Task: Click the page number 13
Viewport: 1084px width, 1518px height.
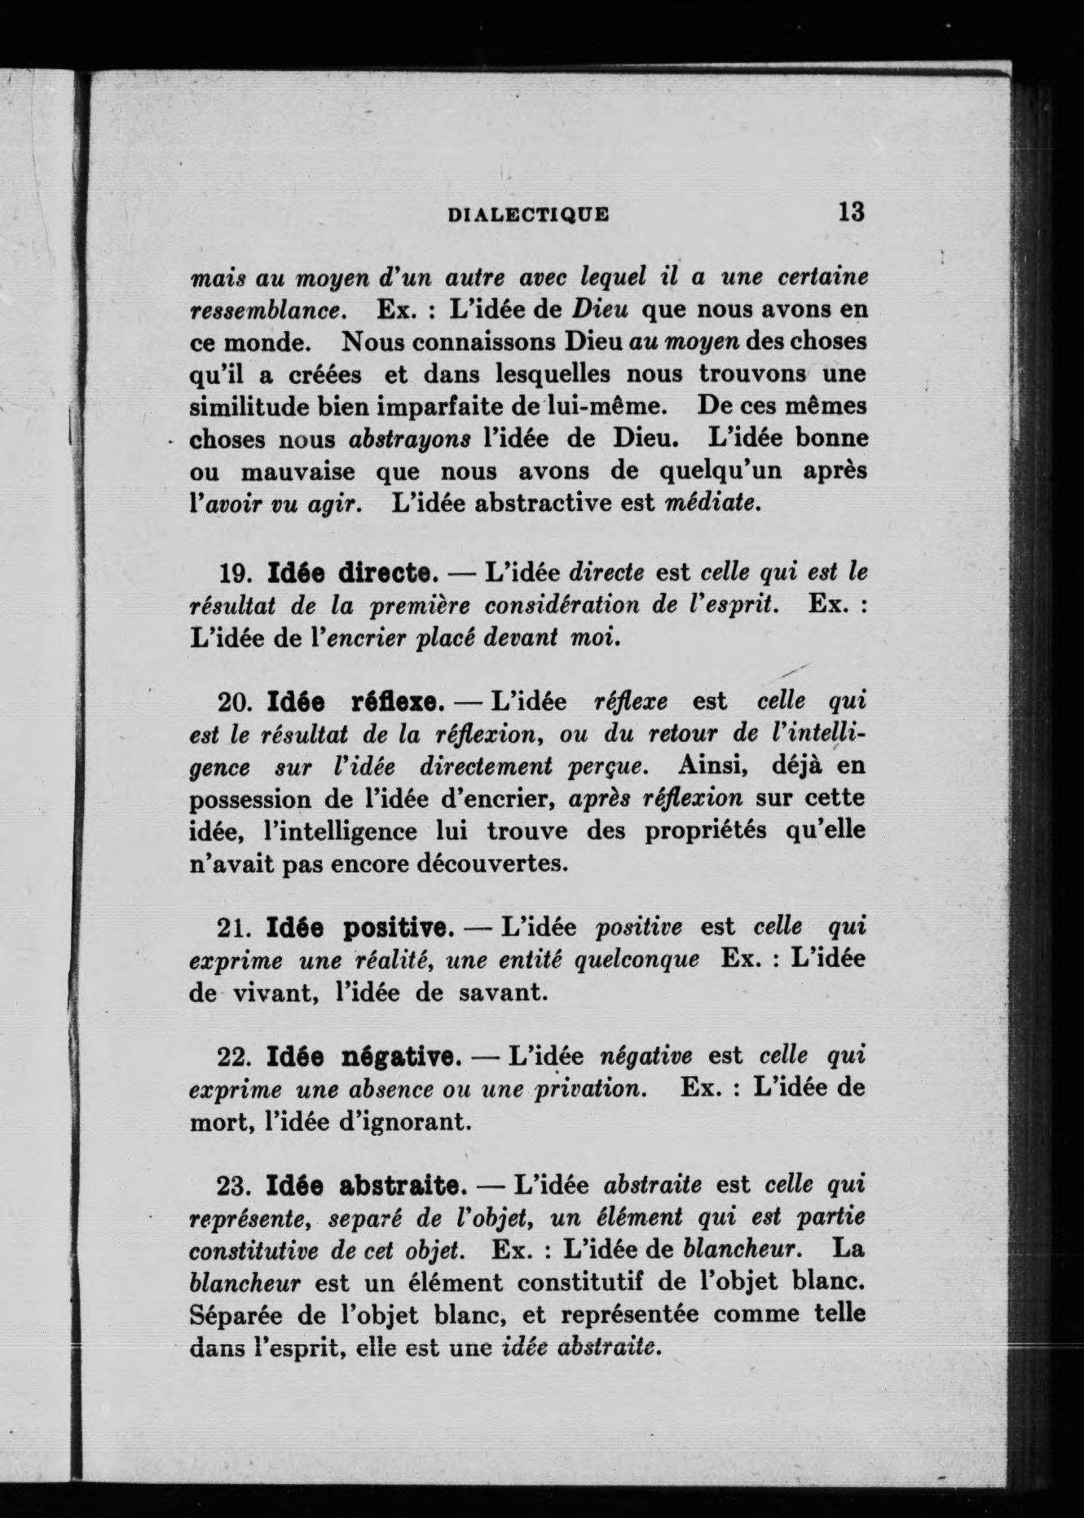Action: click(849, 212)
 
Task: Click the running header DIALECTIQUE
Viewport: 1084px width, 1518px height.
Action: click(529, 214)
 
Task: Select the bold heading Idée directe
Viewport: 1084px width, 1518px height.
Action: click(350, 573)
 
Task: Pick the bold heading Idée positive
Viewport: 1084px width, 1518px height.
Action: click(359, 928)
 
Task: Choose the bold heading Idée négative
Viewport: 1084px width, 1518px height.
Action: click(365, 1057)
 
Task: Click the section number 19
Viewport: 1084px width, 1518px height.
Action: click(235, 574)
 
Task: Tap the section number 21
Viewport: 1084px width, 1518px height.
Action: click(235, 929)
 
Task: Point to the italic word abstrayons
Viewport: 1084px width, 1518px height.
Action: click(410, 439)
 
